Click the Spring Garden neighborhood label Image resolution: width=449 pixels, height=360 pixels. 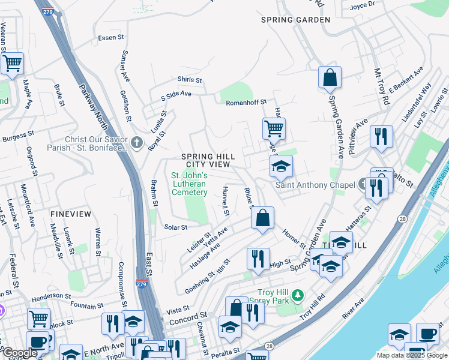296,20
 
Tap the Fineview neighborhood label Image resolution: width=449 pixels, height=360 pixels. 71,214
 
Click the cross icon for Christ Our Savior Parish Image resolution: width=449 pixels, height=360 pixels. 137,143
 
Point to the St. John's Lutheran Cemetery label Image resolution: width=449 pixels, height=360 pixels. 189,184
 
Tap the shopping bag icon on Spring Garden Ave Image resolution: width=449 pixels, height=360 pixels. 330,77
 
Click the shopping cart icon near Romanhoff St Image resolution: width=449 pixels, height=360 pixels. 273,128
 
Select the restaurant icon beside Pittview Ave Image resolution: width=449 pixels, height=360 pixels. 381,137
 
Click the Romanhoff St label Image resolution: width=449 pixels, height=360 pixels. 246,103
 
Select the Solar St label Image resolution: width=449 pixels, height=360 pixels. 176,227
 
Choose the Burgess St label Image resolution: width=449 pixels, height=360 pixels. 14,138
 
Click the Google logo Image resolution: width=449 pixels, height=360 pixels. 19,353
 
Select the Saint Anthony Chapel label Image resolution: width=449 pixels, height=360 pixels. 315,185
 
